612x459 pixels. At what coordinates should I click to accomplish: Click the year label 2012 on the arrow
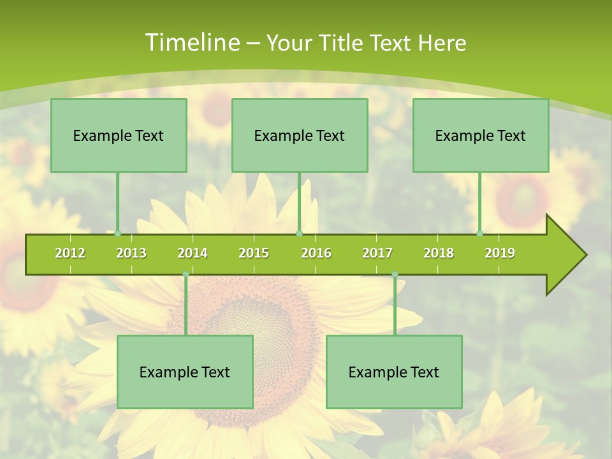click(x=70, y=253)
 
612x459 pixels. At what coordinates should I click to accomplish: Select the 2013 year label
click(x=131, y=253)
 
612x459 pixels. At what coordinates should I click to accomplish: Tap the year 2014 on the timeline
click(x=193, y=253)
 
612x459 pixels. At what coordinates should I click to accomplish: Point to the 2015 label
click(x=254, y=253)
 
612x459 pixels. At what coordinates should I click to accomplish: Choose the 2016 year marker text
click(x=316, y=253)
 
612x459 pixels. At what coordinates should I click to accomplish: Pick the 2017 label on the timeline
click(x=377, y=253)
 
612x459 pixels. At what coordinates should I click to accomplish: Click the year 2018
click(x=439, y=253)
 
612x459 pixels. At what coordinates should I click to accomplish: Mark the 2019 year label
click(x=500, y=253)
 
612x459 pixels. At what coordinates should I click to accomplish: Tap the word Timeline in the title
click(x=192, y=43)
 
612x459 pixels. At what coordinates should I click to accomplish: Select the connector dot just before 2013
click(x=118, y=234)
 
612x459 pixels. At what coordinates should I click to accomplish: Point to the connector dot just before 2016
click(x=299, y=234)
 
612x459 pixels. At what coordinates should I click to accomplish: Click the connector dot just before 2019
click(x=480, y=234)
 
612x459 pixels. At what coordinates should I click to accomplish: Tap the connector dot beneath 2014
click(x=186, y=274)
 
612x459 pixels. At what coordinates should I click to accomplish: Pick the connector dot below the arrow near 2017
click(x=395, y=274)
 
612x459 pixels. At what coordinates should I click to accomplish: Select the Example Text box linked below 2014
click(x=185, y=372)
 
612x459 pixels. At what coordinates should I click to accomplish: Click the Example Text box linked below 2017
click(x=394, y=372)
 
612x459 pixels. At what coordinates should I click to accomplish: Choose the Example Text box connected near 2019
click(x=481, y=135)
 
